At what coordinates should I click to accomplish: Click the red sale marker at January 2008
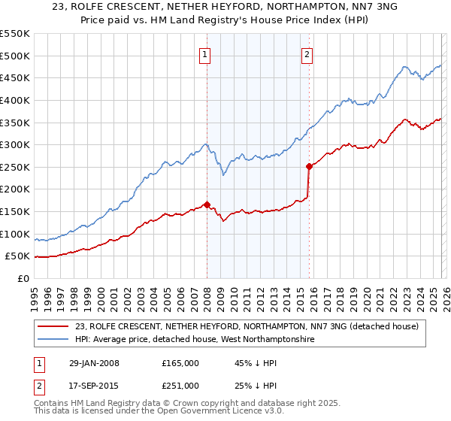207,204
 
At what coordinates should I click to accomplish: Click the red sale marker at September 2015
309,166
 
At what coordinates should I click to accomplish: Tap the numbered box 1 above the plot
204,53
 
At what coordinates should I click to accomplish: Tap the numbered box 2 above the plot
307,53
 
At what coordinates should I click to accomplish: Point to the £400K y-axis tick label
15,100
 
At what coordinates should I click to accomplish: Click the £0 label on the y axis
23,279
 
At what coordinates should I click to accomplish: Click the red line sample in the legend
54,326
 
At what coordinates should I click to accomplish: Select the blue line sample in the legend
54,340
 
